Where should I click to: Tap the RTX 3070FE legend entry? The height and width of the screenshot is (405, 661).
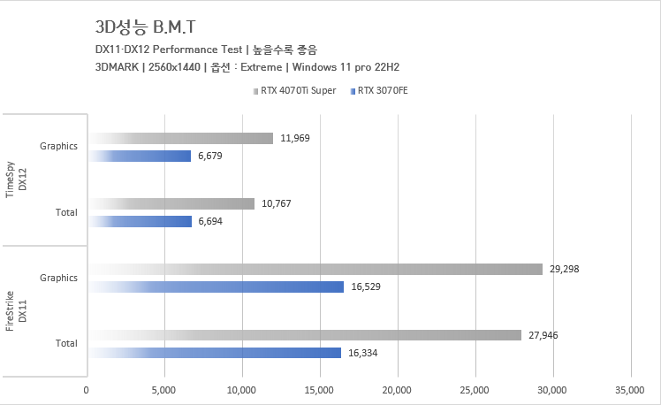pyautogui.click(x=384, y=90)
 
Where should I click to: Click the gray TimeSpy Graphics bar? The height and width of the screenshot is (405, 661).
pyautogui.click(x=180, y=138)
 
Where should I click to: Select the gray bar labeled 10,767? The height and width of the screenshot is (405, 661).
pyautogui.click(x=171, y=203)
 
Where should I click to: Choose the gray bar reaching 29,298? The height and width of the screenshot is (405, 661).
pyautogui.click(x=315, y=269)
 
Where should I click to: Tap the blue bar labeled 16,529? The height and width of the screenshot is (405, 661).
pyautogui.click(x=216, y=287)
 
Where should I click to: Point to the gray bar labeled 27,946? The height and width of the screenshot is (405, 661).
pyautogui.click(x=304, y=334)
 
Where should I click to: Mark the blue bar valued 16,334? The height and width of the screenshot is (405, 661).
pyautogui.click(x=214, y=353)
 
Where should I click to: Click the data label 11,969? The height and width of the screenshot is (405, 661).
pyautogui.click(x=294, y=138)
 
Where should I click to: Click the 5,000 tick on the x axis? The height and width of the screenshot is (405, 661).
pyautogui.click(x=164, y=389)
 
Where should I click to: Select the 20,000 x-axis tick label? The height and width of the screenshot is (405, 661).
pyautogui.click(x=397, y=389)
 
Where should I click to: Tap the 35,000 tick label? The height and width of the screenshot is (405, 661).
pyautogui.click(x=630, y=389)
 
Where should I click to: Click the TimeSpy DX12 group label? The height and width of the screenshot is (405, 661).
pyautogui.click(x=17, y=180)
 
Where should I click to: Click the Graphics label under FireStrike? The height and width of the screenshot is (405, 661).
pyautogui.click(x=59, y=278)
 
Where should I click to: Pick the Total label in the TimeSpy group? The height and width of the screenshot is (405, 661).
pyautogui.click(x=66, y=212)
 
